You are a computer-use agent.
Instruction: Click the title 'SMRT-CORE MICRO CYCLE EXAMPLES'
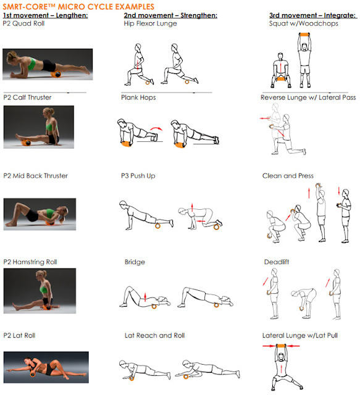click(78, 6)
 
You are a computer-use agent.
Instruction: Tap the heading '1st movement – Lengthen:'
click(45, 15)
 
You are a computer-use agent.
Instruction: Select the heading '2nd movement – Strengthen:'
click(170, 15)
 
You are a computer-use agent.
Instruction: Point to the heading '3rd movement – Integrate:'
click(313, 15)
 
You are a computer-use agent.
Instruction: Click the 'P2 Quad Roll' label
click(23, 23)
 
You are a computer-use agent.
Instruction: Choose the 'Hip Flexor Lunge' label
click(150, 23)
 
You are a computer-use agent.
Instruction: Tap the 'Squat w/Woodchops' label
click(304, 23)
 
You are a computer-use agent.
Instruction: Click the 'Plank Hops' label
click(138, 98)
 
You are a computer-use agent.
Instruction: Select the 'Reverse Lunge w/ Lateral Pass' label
click(308, 98)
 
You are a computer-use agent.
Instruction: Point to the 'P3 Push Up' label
click(138, 176)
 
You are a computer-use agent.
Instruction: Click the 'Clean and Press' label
click(288, 176)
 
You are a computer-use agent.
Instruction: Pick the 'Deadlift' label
click(277, 262)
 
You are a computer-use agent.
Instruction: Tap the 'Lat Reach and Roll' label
click(155, 336)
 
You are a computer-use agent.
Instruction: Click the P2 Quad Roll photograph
click(48, 64)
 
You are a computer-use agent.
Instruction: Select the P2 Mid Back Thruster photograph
click(40, 214)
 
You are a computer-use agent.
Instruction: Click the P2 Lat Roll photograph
click(46, 367)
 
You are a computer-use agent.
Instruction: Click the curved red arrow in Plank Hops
click(157, 128)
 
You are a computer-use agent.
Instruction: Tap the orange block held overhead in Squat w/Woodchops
click(304, 35)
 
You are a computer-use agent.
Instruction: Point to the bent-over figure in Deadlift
click(304, 302)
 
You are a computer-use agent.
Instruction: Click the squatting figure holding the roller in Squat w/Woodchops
click(280, 70)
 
